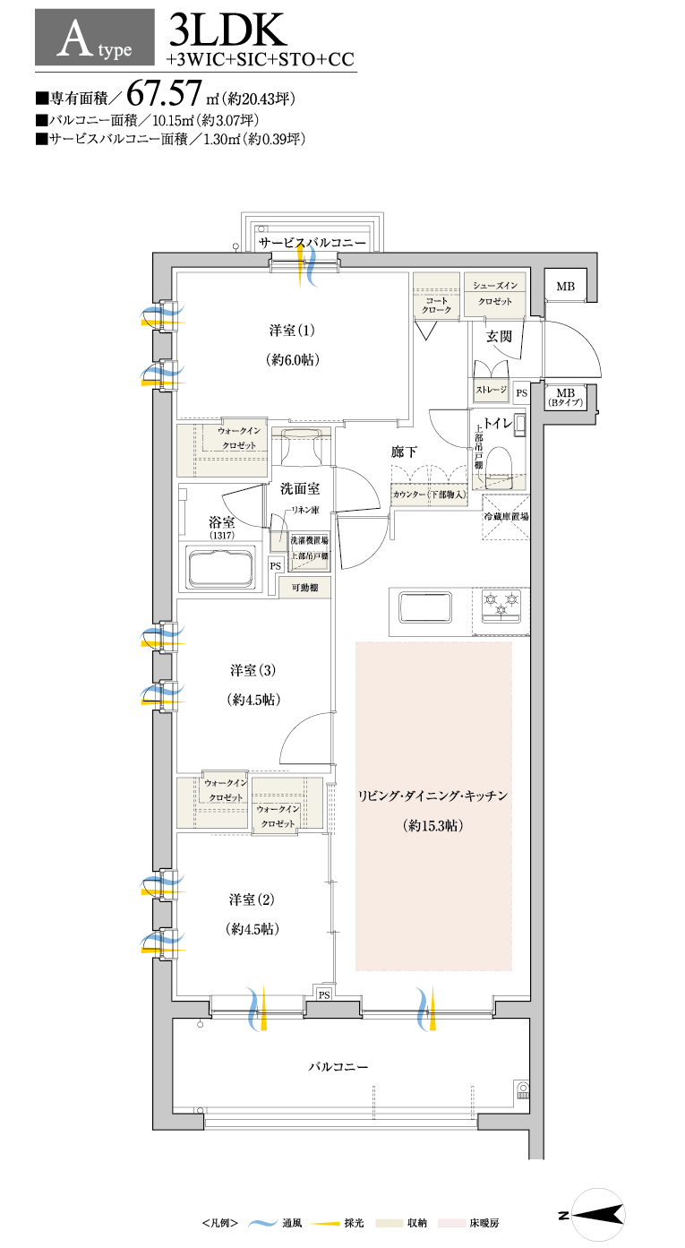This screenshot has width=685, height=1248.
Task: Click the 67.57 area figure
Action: tap(163, 92)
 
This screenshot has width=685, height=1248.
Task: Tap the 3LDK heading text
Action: tap(227, 30)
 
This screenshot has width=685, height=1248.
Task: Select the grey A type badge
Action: tap(95, 38)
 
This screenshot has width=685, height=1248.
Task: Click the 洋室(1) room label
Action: tap(292, 331)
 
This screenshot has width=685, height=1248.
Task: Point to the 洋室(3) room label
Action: tap(253, 670)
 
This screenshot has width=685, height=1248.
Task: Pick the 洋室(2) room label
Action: tap(252, 899)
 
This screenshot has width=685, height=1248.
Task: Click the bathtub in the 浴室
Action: tap(222, 568)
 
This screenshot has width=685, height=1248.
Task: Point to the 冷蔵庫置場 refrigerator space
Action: tap(505, 517)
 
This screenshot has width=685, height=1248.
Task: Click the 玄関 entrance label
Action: tap(499, 336)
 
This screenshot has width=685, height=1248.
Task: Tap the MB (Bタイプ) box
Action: tap(565, 397)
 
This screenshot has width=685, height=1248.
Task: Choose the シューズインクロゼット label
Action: tap(494, 294)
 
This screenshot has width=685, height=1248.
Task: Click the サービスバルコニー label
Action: tap(313, 243)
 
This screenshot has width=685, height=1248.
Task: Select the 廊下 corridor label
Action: tap(404, 452)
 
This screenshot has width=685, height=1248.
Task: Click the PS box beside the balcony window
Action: tap(324, 994)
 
